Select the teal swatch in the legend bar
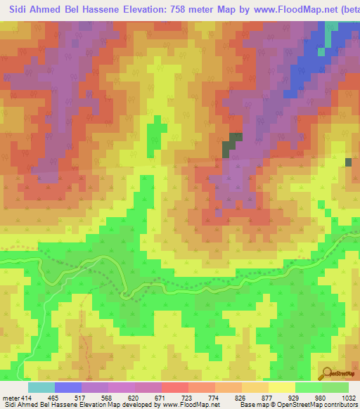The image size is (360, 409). [x=41, y=387]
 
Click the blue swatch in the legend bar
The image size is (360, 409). [x=67, y=387]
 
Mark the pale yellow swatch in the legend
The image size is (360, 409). [x=281, y=387]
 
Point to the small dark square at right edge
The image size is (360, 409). [x=349, y=162]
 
